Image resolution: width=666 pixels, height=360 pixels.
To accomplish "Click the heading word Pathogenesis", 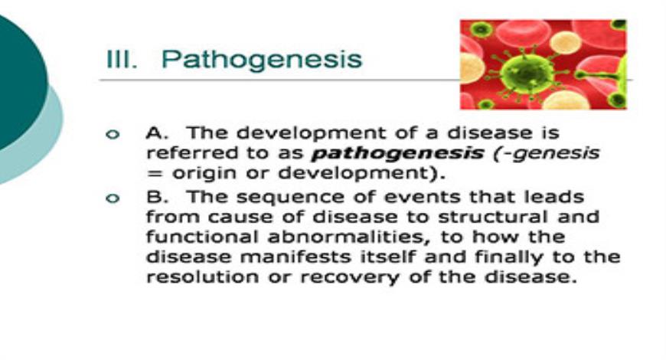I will point(262,59).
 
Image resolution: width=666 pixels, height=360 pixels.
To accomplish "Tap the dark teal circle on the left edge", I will point(19,84).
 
